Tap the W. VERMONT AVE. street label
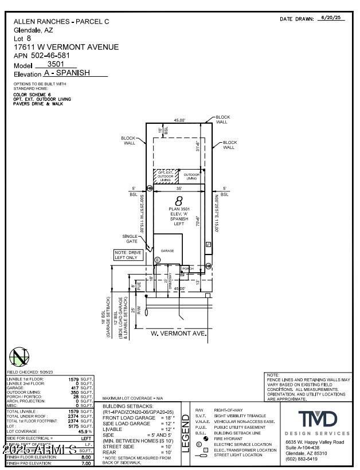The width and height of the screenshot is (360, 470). pyautogui.click(x=170, y=332)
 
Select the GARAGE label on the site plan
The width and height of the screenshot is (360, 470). pyautogui.click(x=167, y=251)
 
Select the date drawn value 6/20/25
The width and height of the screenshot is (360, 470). pyautogui.click(x=331, y=19)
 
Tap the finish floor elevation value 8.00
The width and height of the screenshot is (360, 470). pyautogui.click(x=86, y=457)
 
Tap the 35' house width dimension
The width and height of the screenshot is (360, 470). pyautogui.click(x=179, y=188)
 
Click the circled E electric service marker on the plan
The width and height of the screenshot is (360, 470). pyautogui.click(x=158, y=260)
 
